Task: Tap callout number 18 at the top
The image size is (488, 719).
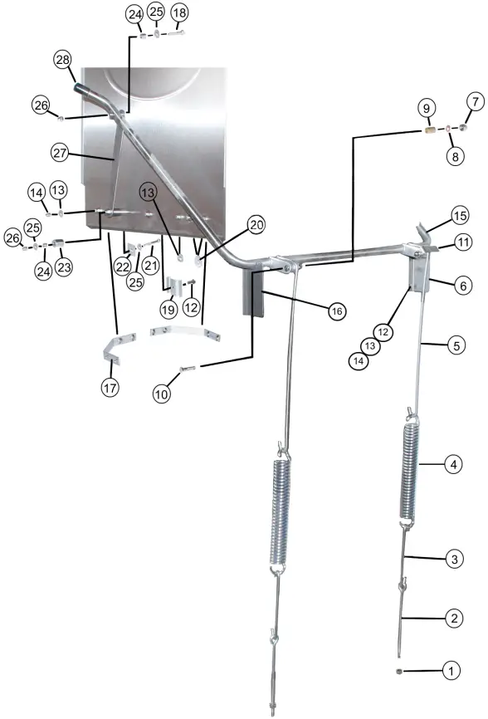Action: tap(179, 13)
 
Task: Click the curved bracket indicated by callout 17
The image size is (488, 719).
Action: tap(116, 345)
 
